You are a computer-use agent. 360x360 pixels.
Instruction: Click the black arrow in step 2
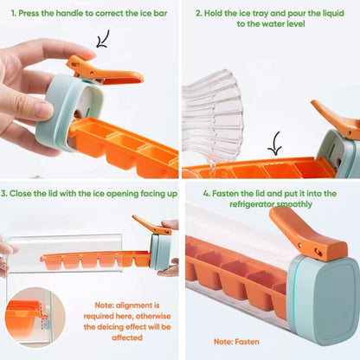[275, 145]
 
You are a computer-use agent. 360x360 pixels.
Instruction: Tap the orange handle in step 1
[104, 72]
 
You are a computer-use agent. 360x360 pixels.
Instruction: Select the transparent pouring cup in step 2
[213, 115]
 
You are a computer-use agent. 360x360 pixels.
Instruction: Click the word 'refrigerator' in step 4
[252, 204]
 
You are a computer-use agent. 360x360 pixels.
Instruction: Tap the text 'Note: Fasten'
[236, 342]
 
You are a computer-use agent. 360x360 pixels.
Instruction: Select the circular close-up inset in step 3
[35, 318]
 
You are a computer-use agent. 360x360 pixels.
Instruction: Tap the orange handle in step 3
[151, 225]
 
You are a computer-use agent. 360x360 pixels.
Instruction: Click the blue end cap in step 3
[160, 252]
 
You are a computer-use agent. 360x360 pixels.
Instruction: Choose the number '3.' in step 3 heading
[4, 194]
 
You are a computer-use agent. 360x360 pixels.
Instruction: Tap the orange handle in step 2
[336, 119]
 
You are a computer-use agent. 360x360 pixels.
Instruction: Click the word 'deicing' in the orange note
[112, 327]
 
